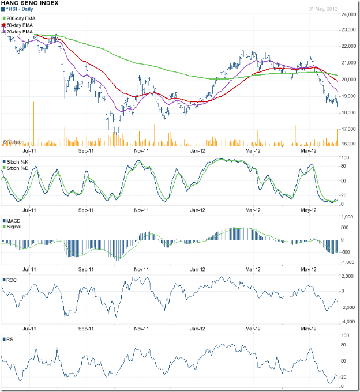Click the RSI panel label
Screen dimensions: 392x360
(x=11, y=340)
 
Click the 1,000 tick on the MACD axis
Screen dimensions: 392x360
(x=348, y=217)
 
